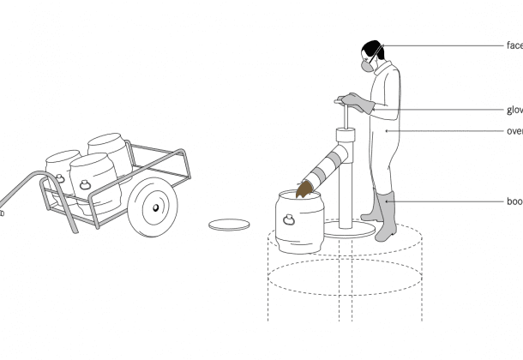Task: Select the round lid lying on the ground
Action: [x=230, y=225]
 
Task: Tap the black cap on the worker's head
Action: [x=372, y=49]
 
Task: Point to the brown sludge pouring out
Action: [x=304, y=189]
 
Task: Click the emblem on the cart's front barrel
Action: [x=86, y=183]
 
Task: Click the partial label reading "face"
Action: [x=514, y=45]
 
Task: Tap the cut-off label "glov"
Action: [x=514, y=110]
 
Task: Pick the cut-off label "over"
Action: [x=514, y=131]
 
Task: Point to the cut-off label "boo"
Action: [x=514, y=201]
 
